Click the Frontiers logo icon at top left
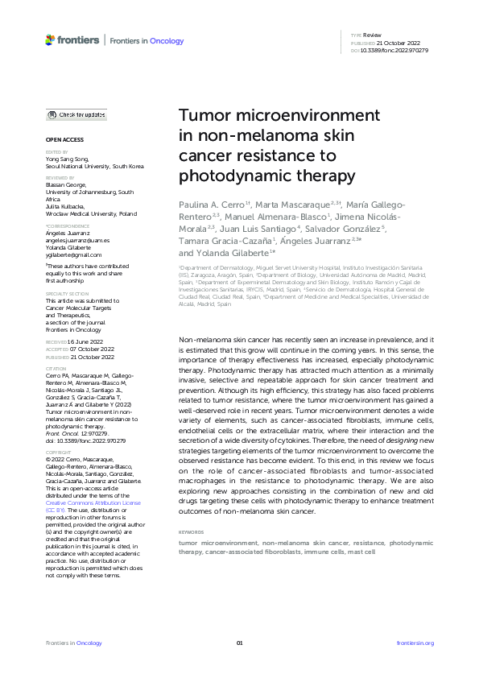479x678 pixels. point(51,39)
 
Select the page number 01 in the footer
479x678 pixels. point(239,643)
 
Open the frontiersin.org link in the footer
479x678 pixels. point(415,643)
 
